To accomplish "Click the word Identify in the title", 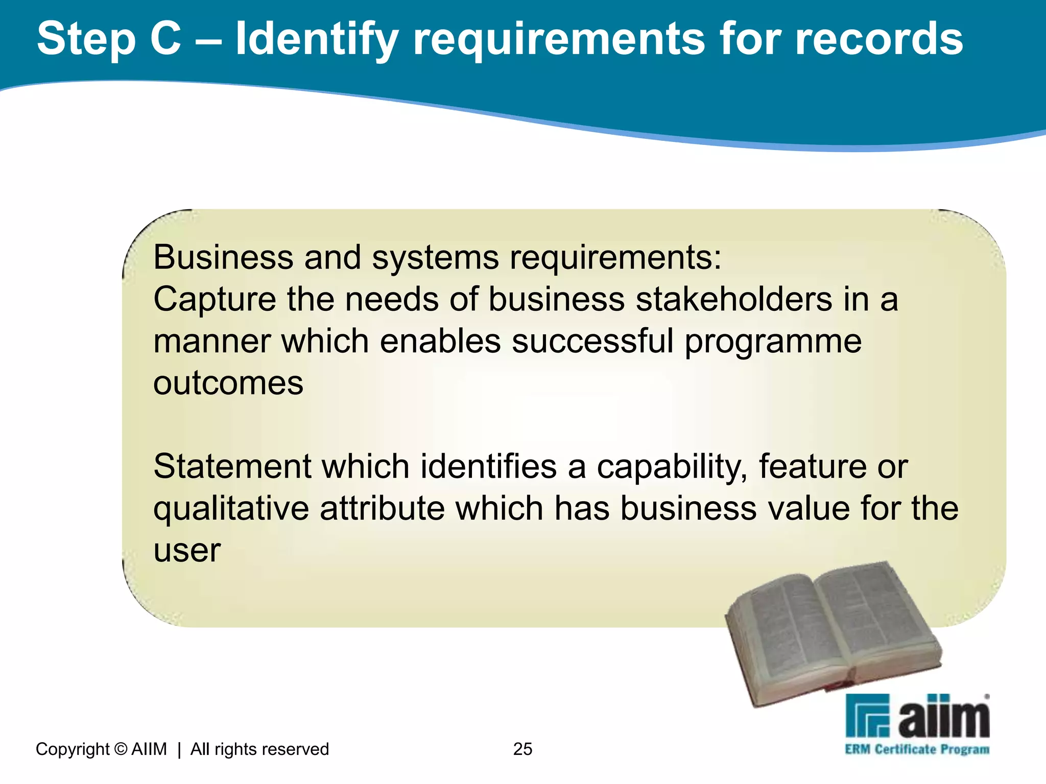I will click(x=317, y=40).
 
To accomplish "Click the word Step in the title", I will click(x=86, y=40).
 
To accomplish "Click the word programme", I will click(x=773, y=342).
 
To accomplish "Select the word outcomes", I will click(x=228, y=383).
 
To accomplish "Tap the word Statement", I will click(x=232, y=467).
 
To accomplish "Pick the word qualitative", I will click(x=231, y=509).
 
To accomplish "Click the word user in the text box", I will click(x=187, y=551).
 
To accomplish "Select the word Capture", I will click(x=215, y=300).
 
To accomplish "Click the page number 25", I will click(x=522, y=749).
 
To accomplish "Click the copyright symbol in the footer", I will click(x=121, y=749).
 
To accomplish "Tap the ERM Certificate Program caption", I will click(x=917, y=749).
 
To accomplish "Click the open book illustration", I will click(x=833, y=633).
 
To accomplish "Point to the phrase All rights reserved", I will click(x=259, y=749).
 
